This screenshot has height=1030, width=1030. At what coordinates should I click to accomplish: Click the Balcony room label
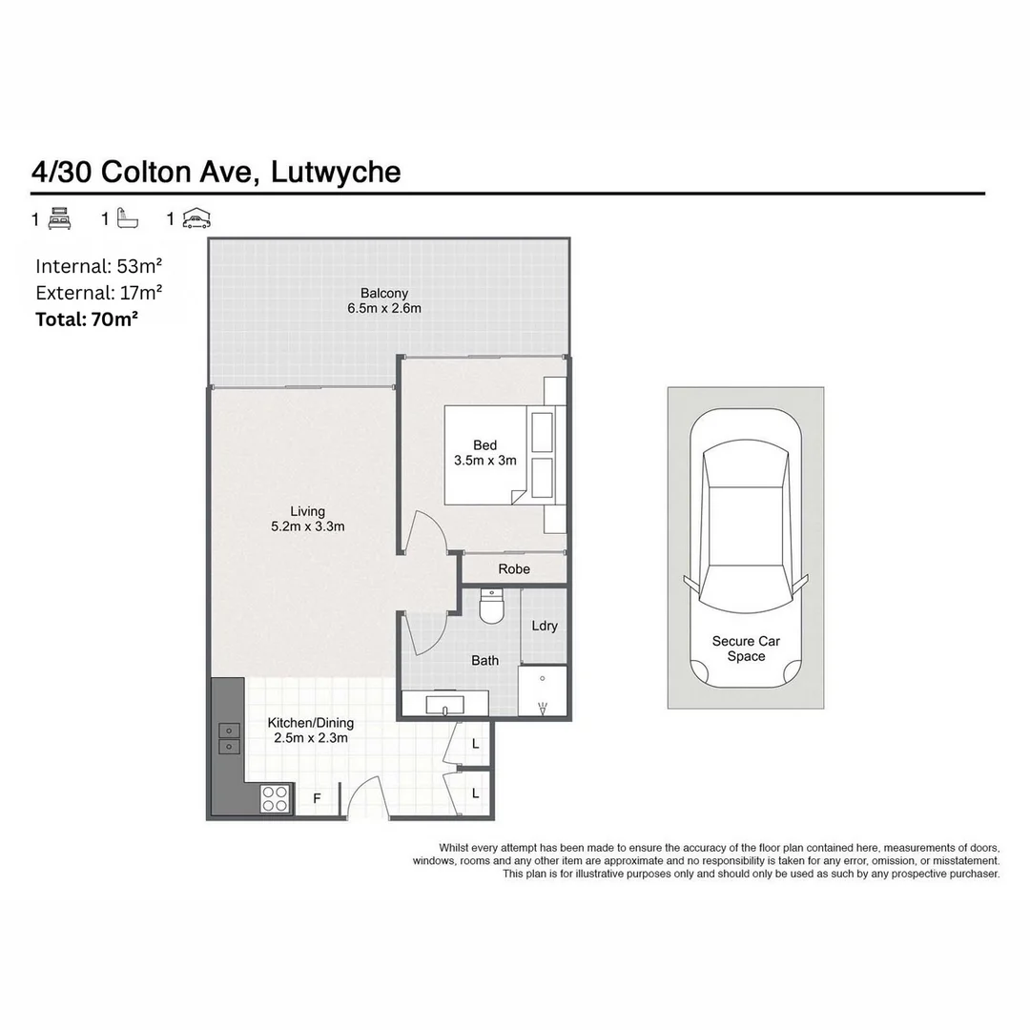coord(384,293)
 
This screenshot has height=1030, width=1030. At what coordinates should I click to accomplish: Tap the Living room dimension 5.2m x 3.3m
coord(307,526)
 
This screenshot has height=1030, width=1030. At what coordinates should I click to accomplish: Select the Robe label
coord(514,569)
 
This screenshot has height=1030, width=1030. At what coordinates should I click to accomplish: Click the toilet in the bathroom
coord(492,607)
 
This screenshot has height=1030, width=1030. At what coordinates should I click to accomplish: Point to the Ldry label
coord(545,627)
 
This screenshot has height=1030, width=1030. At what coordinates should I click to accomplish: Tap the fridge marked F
coord(318,799)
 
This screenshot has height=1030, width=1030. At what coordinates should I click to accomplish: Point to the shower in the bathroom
coord(543,692)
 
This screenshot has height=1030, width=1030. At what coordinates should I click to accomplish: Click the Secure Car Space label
coord(746,649)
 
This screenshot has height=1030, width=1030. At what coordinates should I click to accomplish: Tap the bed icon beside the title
coord(59,218)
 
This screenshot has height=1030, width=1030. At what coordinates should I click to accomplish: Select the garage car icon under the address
coord(195,218)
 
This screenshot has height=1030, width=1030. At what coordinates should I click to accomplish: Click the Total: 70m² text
coord(87,319)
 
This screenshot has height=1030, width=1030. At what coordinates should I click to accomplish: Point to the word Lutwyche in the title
coord(336,172)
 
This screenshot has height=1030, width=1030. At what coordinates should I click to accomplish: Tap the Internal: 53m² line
coord(98,266)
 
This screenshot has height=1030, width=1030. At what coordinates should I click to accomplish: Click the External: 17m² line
coord(98,293)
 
